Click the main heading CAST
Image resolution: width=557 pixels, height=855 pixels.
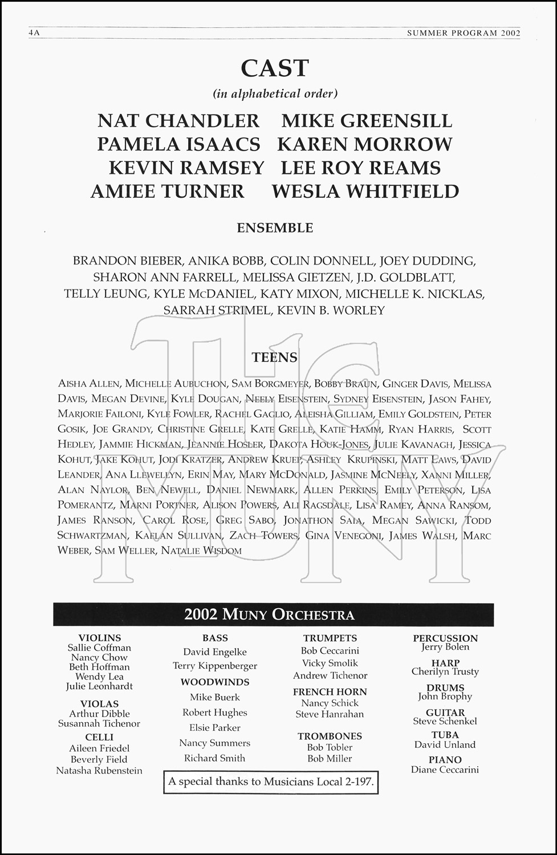[275, 68]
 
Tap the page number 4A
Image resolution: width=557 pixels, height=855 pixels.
[33, 33]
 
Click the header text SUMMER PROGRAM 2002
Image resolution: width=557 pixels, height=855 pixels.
[464, 33]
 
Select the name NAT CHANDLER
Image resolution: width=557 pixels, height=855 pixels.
[178, 121]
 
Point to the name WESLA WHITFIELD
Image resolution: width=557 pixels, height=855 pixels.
[365, 192]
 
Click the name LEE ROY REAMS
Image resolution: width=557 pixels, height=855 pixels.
[361, 168]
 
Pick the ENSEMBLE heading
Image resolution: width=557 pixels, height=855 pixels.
[275, 228]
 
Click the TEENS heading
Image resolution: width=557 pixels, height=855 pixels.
[275, 357]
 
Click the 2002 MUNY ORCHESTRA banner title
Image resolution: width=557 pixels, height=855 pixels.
[269, 614]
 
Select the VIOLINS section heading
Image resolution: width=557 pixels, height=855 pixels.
[100, 638]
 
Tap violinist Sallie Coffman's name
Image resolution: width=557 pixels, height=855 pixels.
[99, 648]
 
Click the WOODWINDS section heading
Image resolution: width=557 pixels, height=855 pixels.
[215, 682]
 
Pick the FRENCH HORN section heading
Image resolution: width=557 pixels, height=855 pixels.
[330, 691]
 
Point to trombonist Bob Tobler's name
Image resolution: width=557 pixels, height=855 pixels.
[330, 747]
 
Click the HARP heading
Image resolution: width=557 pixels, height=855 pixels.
[445, 663]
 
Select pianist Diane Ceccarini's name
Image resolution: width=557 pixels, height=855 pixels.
[445, 769]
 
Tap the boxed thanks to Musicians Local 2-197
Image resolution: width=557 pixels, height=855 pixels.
[271, 781]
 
